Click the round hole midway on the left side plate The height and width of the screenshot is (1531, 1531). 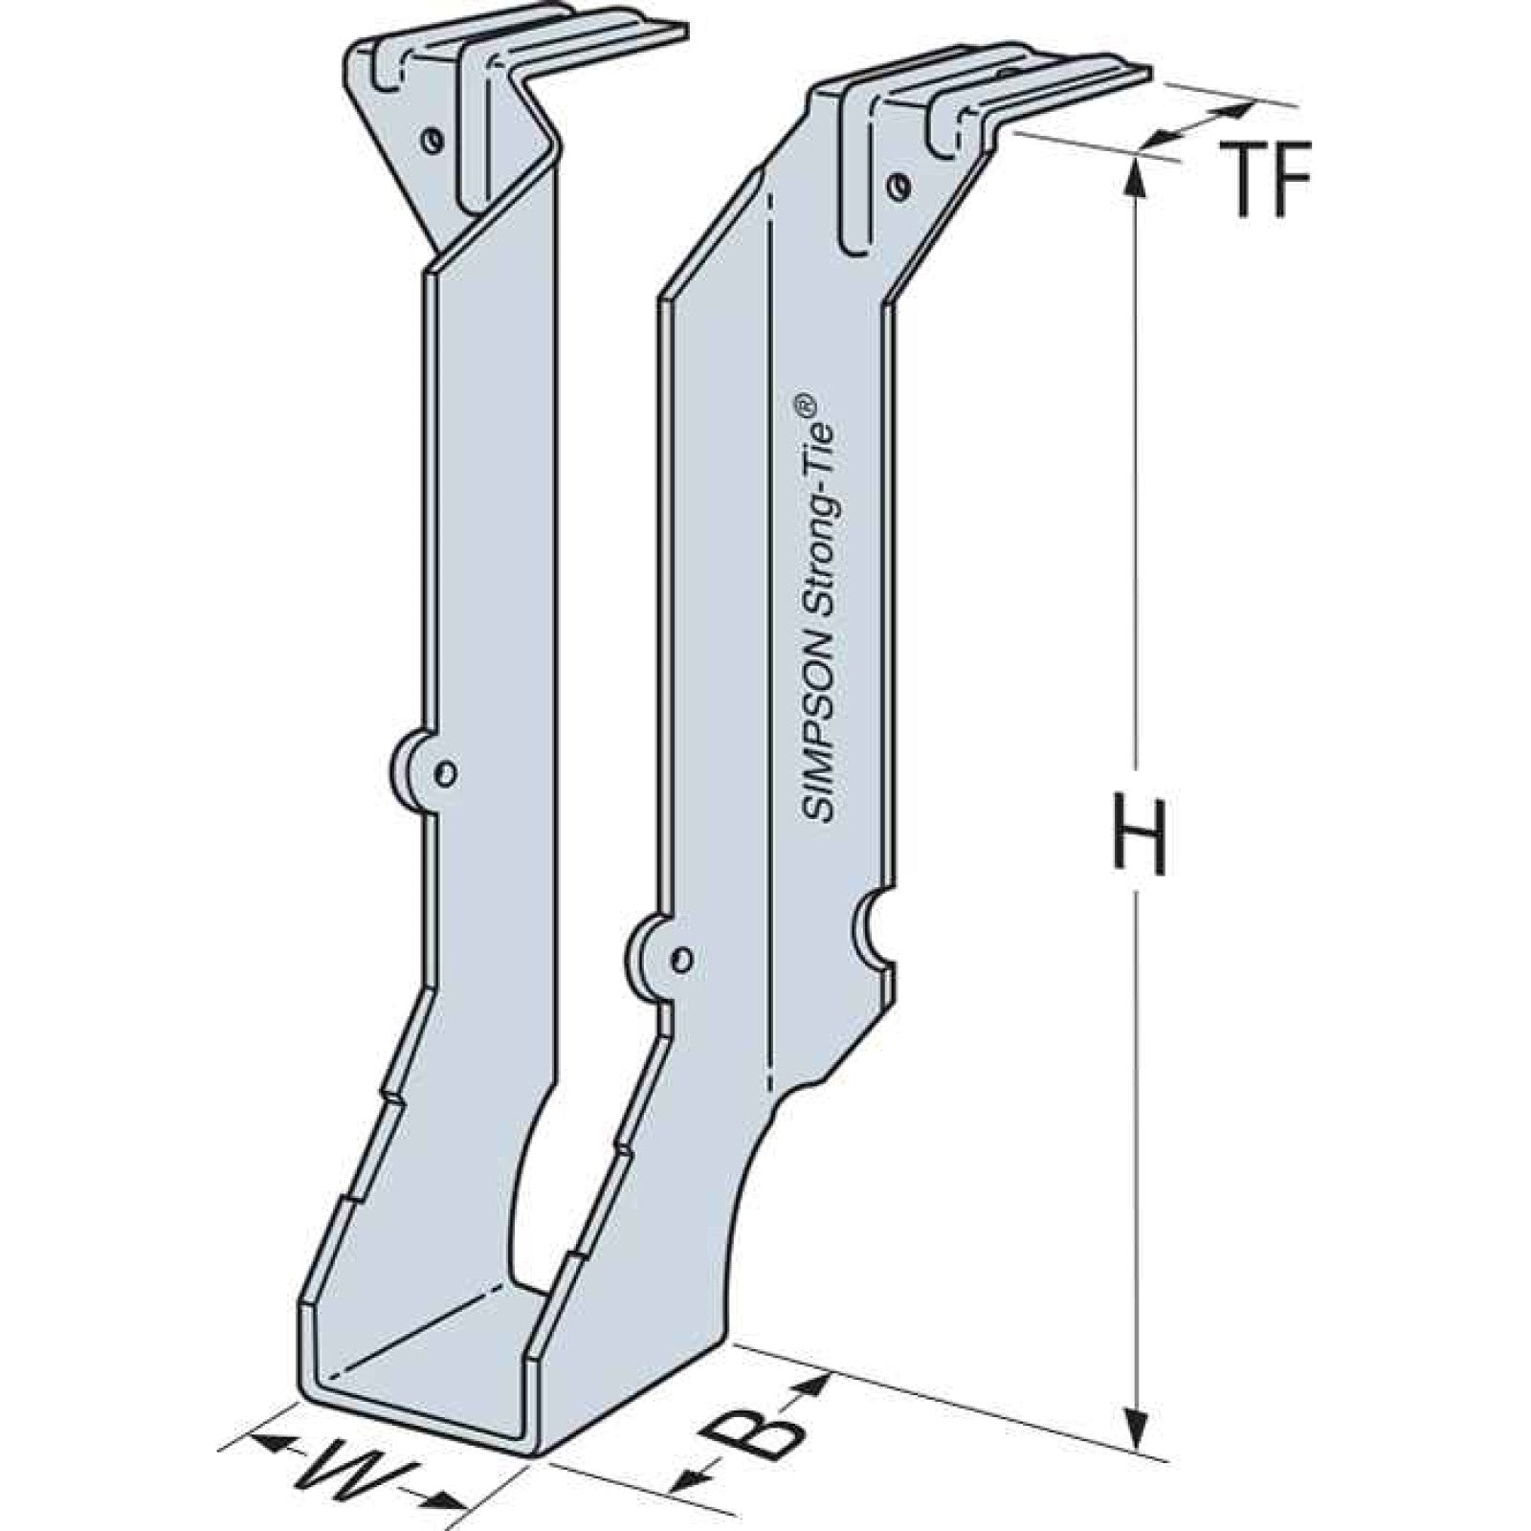point(446,771)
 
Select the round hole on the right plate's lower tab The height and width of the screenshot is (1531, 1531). point(682,958)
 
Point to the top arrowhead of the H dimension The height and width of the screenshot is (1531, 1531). point(1137,172)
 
